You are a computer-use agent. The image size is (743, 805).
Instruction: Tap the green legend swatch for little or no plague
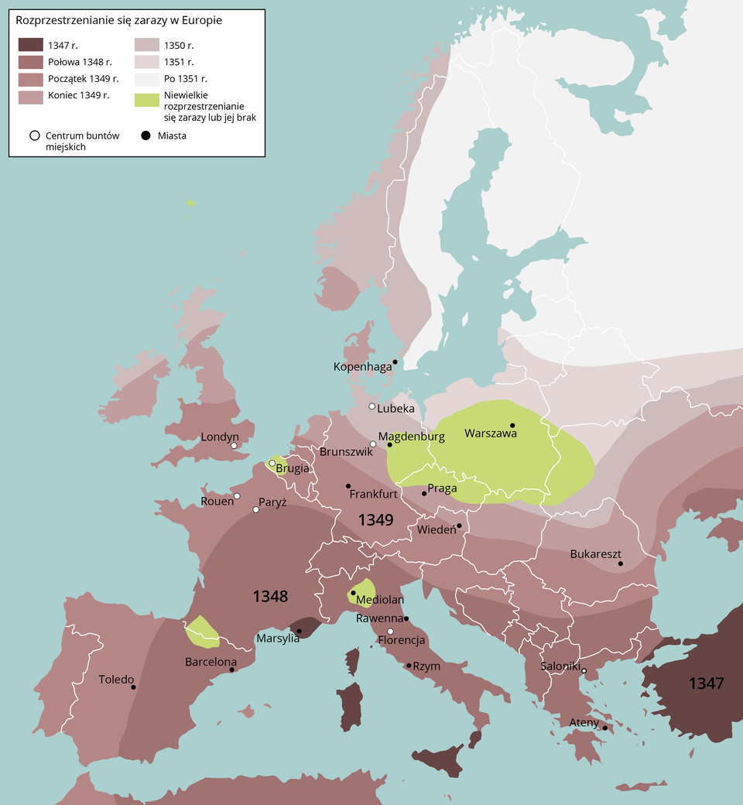147,100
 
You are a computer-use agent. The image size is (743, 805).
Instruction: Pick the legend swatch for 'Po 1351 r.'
147,79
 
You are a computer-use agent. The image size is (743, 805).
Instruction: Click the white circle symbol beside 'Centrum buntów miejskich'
34,135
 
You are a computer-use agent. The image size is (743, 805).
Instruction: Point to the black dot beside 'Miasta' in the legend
146,135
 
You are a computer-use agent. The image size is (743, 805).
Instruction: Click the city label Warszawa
490,434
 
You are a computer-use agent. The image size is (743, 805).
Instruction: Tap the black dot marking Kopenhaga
395,361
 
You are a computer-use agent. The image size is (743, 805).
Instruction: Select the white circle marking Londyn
234,445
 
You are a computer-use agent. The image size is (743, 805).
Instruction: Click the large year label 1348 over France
271,596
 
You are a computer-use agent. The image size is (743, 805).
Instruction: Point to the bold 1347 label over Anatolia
706,683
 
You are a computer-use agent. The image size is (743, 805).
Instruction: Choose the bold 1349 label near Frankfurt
376,520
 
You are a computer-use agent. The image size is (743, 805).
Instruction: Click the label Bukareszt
595,554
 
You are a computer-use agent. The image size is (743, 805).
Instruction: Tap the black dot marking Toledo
134,687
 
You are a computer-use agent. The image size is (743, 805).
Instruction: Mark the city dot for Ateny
605,728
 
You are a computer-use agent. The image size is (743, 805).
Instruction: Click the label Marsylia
278,639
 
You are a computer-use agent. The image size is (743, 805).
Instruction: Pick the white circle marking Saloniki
584,670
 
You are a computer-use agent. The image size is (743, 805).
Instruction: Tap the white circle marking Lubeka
372,406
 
